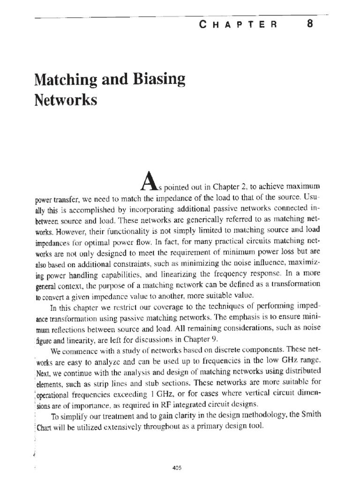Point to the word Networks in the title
click(x=66, y=100)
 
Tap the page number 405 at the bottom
click(x=177, y=454)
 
